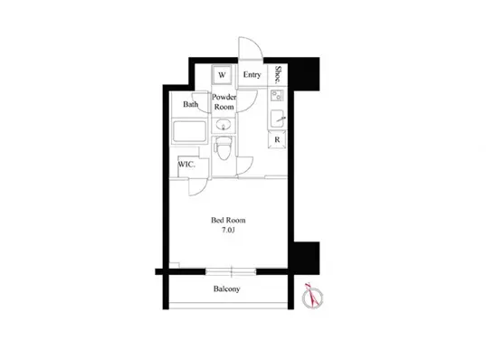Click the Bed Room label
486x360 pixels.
(228, 221)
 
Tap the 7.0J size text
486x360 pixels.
(228, 230)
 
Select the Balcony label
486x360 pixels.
(226, 289)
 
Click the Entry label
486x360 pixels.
(252, 75)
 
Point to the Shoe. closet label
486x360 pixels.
(278, 74)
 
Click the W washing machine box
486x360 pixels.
(222, 75)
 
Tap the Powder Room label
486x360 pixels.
(224, 102)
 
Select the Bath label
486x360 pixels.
(190, 104)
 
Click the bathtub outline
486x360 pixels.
(189, 131)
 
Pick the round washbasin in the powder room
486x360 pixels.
(224, 126)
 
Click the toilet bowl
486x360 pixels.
(224, 148)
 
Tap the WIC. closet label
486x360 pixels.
(186, 165)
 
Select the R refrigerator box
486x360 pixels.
(277, 139)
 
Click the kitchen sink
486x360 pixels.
(277, 118)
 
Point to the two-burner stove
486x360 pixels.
(276, 95)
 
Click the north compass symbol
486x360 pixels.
(312, 296)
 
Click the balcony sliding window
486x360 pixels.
(231, 272)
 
